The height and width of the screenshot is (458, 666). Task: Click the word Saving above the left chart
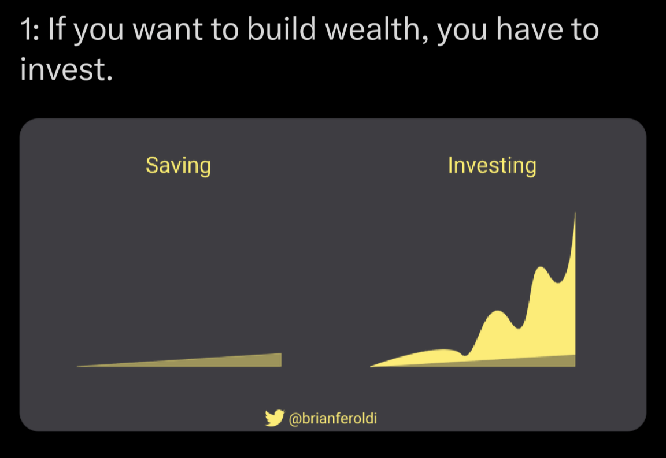[179, 166]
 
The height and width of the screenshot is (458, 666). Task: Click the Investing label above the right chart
[492, 166]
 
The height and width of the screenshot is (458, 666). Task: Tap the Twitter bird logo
[275, 418]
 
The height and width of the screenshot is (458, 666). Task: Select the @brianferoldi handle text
[332, 419]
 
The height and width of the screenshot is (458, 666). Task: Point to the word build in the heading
[282, 29]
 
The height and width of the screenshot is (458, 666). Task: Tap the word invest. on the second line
[66, 69]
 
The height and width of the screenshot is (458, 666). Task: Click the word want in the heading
[167, 31]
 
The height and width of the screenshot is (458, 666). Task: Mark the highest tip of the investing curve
[576, 212]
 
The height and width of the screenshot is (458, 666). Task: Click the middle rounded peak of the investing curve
[497, 311]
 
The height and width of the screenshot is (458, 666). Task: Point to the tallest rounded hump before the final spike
[541, 267]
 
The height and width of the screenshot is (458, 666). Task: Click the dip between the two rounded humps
[518, 328]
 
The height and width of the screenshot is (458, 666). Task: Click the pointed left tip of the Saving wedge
[77, 366]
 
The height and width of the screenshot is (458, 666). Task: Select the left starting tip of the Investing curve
[371, 366]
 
